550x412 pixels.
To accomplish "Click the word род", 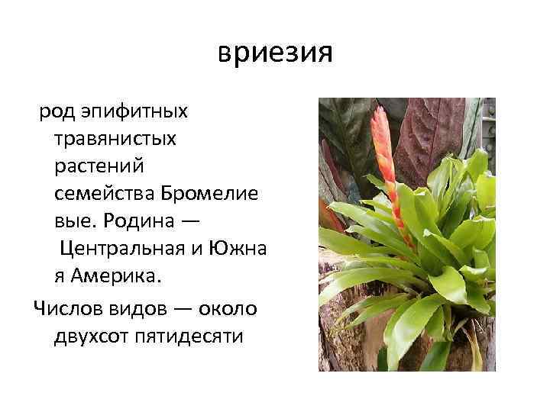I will pos(57,112).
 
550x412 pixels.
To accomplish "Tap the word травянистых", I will pos(115,140).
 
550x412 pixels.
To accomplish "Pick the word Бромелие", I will pos(205,194).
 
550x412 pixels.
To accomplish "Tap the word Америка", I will pos(118,276).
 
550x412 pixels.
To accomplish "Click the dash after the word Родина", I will pos(192,221).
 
